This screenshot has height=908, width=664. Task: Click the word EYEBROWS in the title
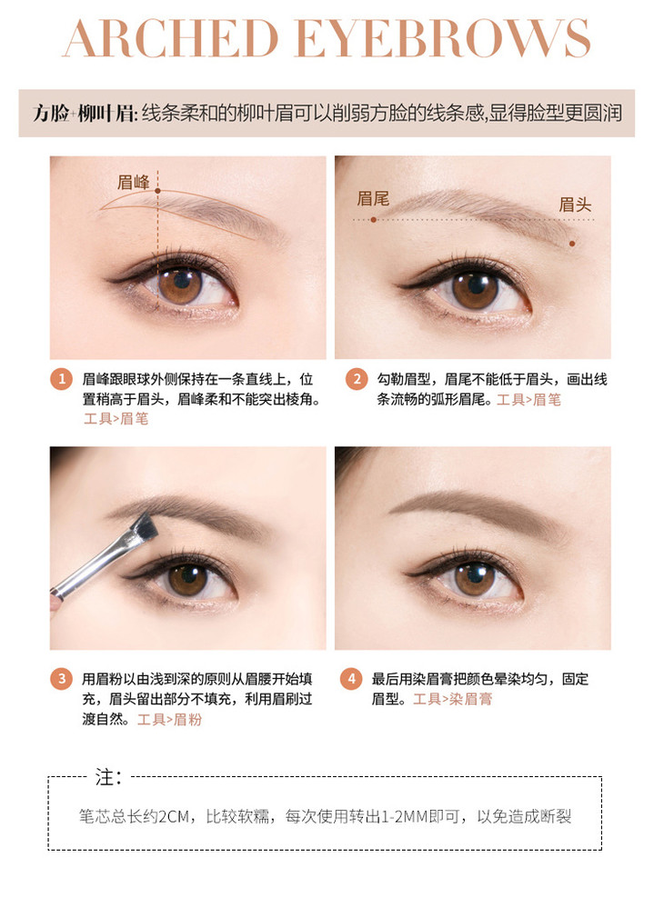click(x=443, y=38)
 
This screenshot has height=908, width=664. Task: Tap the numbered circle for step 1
click(x=62, y=379)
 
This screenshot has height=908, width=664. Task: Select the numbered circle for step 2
click(x=357, y=379)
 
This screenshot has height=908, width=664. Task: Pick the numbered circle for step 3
click(x=62, y=678)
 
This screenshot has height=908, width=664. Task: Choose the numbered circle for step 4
click(x=350, y=678)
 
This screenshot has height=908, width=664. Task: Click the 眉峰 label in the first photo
click(x=134, y=183)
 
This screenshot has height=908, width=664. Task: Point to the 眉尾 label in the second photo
click(x=373, y=199)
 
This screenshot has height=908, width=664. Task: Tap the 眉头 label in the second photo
click(x=575, y=205)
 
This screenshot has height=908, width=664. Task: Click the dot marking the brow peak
click(x=157, y=190)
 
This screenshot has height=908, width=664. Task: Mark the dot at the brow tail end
click(x=374, y=220)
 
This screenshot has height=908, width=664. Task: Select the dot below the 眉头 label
click(x=572, y=244)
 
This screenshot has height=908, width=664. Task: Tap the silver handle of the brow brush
click(x=93, y=567)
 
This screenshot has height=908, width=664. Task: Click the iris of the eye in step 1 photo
click(x=180, y=284)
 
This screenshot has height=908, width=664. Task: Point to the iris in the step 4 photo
click(x=475, y=579)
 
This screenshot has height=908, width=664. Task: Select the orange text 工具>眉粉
click(x=169, y=720)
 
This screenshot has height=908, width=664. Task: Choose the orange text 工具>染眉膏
click(x=452, y=699)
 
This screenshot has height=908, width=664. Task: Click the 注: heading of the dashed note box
click(x=108, y=777)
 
